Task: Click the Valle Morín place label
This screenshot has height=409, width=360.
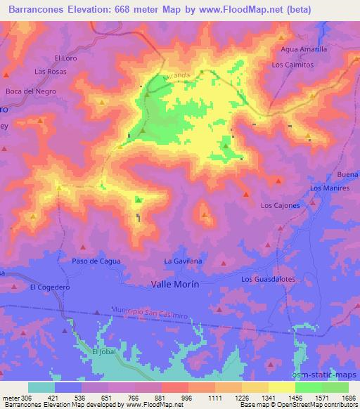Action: [x=175, y=284]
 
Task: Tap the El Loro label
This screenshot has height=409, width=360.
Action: [x=65, y=58]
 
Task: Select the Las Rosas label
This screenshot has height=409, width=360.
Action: [x=50, y=72]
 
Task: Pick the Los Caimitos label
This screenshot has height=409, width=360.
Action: [x=291, y=64]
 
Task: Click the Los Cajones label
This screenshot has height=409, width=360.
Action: [x=281, y=205]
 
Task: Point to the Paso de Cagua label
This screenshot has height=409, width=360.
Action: [x=96, y=261]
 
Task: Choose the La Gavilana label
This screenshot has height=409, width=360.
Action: [x=183, y=261]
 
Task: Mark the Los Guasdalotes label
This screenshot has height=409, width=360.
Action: [x=268, y=279]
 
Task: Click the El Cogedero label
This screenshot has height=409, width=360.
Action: [x=49, y=287]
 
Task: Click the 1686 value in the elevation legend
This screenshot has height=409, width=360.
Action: [x=349, y=398]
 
